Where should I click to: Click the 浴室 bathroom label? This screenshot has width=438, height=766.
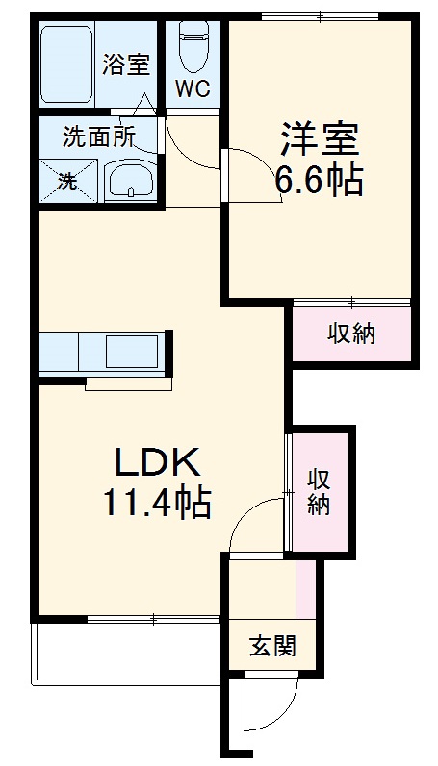(x=126, y=66)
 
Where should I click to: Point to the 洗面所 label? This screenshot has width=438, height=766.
(x=99, y=137)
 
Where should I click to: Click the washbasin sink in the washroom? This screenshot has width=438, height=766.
(x=130, y=181)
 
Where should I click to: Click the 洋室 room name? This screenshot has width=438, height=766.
(x=320, y=140)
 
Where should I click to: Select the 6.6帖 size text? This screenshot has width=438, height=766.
(x=320, y=180)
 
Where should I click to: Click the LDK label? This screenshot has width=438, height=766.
(x=158, y=465)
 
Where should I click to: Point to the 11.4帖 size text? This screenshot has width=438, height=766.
(x=158, y=504)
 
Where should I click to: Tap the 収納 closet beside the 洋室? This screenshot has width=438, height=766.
(x=351, y=334)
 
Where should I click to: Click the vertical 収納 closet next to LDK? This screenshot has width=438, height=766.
(x=320, y=491)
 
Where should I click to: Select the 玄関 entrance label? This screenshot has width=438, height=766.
(x=272, y=646)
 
